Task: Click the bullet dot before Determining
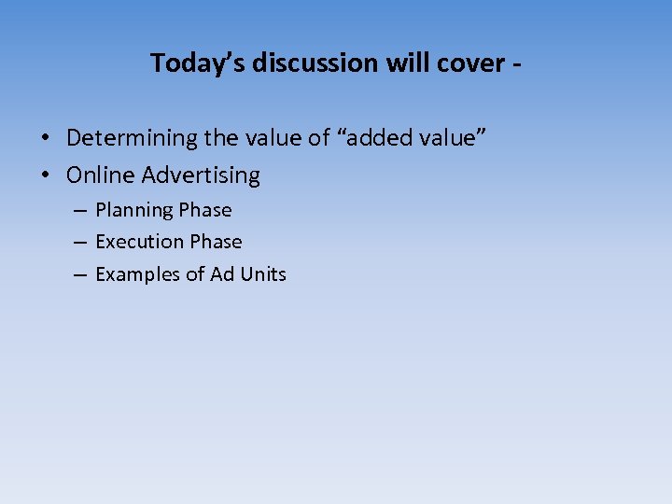[45, 139]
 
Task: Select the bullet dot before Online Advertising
[45, 175]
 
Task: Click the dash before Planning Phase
[79, 211]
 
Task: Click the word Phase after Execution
[216, 242]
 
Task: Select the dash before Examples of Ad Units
[79, 274]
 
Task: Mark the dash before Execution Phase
[79, 243]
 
